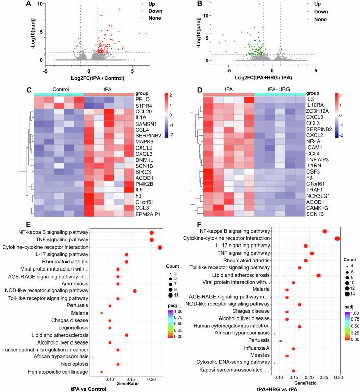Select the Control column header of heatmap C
[x=59, y=93]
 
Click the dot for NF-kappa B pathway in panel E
[x=151, y=232]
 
